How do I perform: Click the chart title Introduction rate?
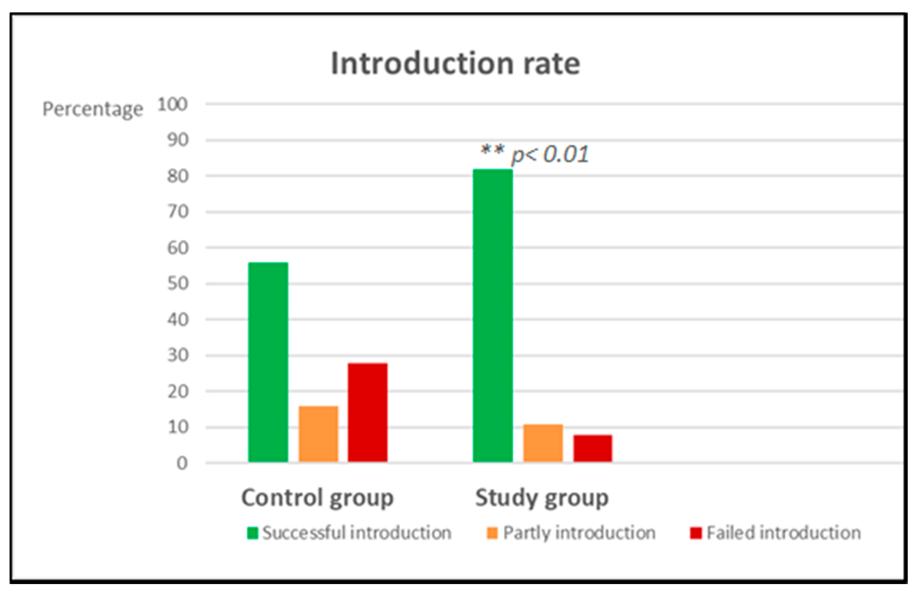(455, 64)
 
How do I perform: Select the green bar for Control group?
(268, 362)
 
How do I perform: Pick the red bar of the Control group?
(368, 412)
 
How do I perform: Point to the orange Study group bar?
(543, 443)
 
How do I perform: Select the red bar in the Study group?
(592, 448)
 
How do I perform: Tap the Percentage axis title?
(92, 109)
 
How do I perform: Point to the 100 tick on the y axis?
(172, 104)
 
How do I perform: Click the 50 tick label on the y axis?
(178, 284)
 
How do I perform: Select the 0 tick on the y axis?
(182, 463)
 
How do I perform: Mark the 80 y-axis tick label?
(178, 177)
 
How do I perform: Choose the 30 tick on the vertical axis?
(178, 355)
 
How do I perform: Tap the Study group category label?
(542, 498)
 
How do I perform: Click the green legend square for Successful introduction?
(252, 533)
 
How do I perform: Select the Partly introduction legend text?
(579, 533)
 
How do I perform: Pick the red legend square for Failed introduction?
(696, 533)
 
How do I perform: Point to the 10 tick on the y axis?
(178, 427)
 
